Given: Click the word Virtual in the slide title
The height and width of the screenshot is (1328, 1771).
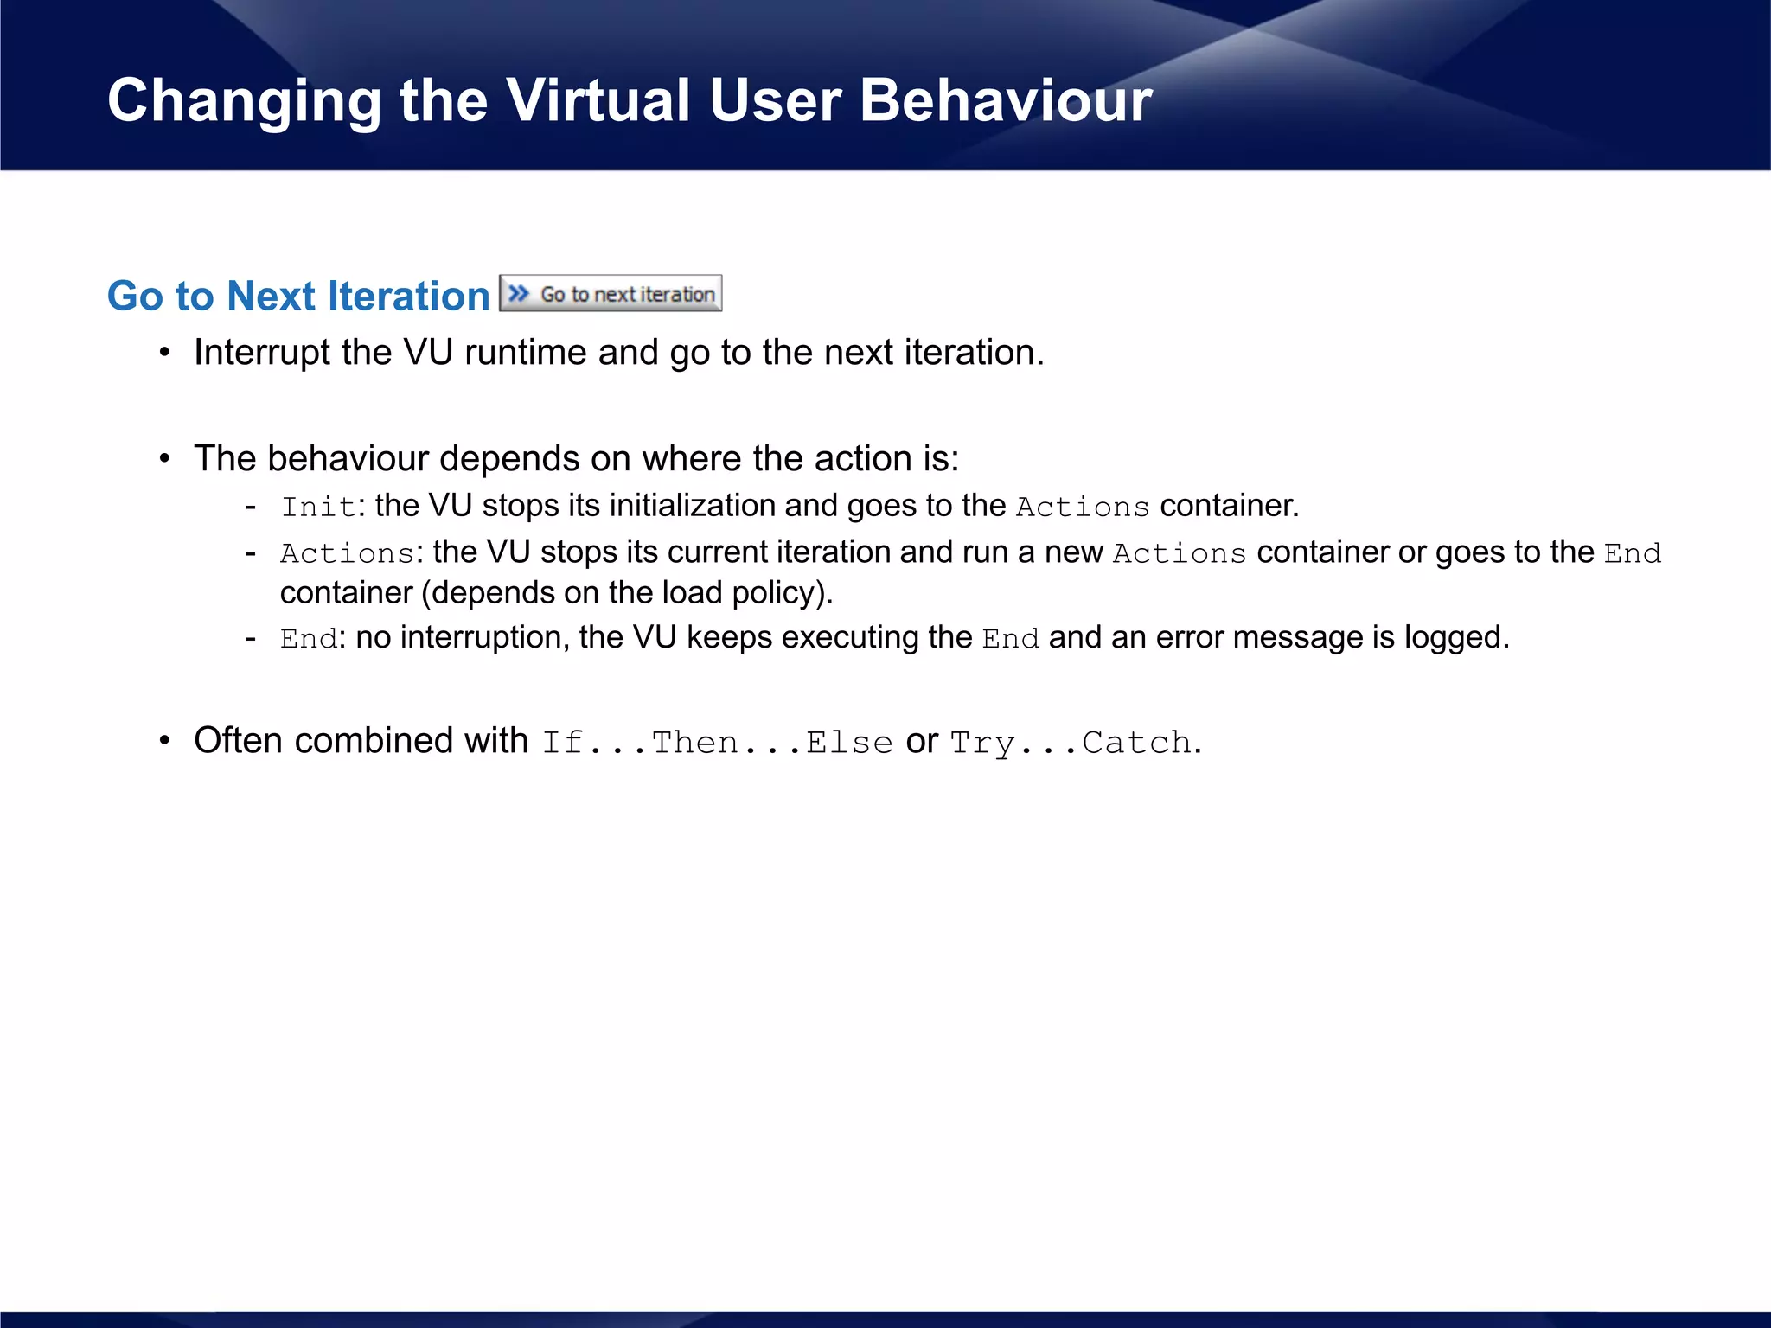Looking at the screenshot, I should click(x=598, y=100).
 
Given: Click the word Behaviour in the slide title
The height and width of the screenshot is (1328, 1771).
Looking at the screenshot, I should click(x=1005, y=100).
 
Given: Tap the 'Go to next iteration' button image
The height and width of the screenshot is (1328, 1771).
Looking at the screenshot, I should click(x=611, y=293).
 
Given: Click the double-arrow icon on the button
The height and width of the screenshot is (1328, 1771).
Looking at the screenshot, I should click(x=518, y=293).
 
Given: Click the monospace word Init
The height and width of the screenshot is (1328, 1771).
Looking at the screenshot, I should click(x=318, y=507).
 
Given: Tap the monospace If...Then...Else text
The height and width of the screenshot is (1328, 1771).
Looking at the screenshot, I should click(x=717, y=743).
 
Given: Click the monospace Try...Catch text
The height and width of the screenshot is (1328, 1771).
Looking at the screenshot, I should click(x=1071, y=743).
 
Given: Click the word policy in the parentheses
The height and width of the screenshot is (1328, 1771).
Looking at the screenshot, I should click(x=777, y=593).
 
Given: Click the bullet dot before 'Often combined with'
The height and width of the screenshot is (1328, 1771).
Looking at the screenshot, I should click(x=164, y=741).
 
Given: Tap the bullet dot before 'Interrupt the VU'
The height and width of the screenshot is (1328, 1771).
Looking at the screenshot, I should click(x=164, y=353).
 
